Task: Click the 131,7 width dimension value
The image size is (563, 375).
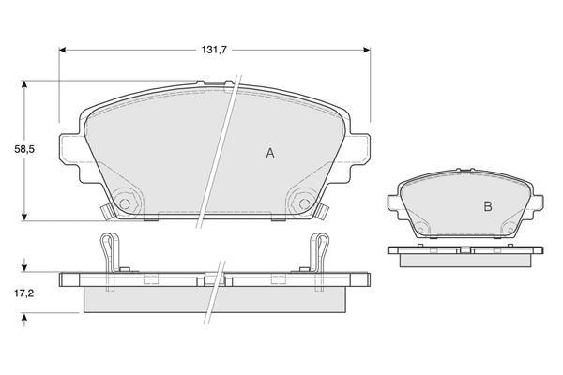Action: click(x=214, y=50)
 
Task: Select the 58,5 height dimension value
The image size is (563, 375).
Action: click(x=24, y=149)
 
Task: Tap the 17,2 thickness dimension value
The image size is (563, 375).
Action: click(x=24, y=293)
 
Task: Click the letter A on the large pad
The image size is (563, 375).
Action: click(x=270, y=153)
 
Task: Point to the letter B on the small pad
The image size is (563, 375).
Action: click(x=488, y=206)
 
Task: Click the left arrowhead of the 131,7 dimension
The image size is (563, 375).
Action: click(x=63, y=50)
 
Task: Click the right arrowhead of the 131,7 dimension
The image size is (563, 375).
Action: click(x=367, y=50)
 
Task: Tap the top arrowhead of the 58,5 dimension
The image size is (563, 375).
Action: click(x=24, y=84)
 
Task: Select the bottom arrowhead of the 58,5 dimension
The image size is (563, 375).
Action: click(x=24, y=217)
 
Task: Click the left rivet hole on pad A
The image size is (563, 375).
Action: click(x=125, y=203)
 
